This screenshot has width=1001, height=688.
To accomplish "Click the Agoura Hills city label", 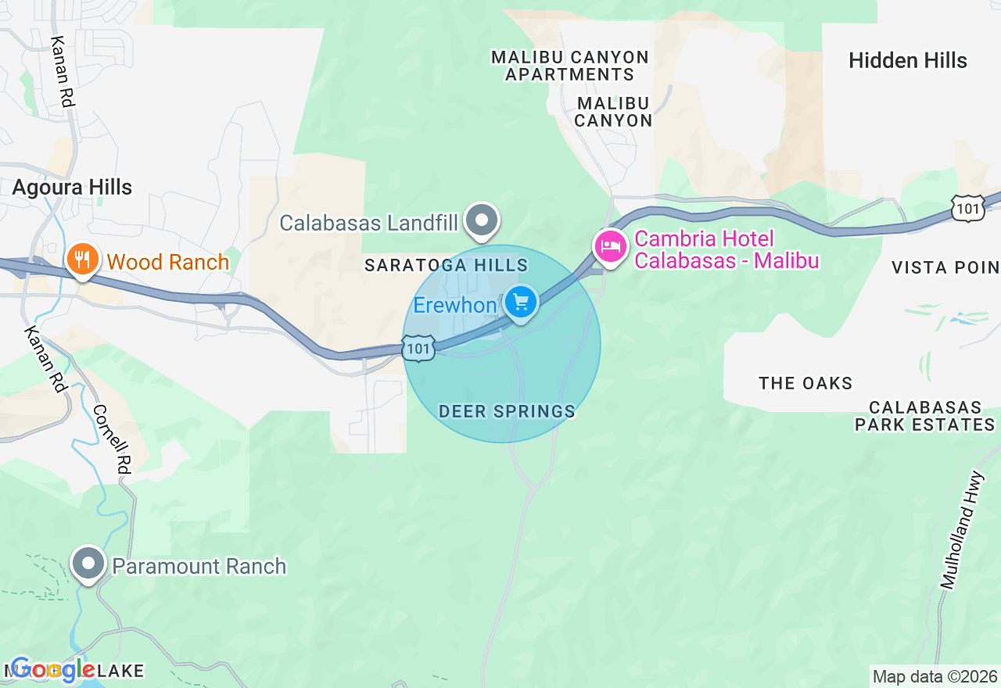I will (72, 187).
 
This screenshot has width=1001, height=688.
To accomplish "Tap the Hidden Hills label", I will (907, 60).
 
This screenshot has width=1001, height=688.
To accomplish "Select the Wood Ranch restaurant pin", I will (81, 259).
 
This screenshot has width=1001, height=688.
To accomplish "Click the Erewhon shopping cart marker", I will (520, 302).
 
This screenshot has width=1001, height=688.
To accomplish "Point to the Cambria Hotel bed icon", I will (610, 247).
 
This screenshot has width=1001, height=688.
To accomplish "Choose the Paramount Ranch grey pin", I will (88, 563).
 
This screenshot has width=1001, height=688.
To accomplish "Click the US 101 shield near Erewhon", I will (419, 348).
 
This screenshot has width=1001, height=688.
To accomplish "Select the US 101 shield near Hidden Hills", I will (968, 207).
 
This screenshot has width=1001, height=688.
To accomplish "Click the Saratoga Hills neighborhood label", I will (447, 266).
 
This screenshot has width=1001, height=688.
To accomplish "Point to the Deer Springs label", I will (507, 411).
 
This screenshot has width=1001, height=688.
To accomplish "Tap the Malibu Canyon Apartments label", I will (570, 66).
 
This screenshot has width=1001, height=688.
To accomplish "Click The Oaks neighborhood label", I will (805, 383).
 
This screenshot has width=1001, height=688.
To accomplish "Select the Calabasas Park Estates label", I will (924, 416).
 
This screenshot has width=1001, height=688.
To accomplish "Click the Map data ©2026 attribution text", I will (935, 676).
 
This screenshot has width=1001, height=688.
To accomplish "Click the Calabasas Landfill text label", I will (368, 223).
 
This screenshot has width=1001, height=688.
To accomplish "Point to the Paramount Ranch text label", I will (199, 566).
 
